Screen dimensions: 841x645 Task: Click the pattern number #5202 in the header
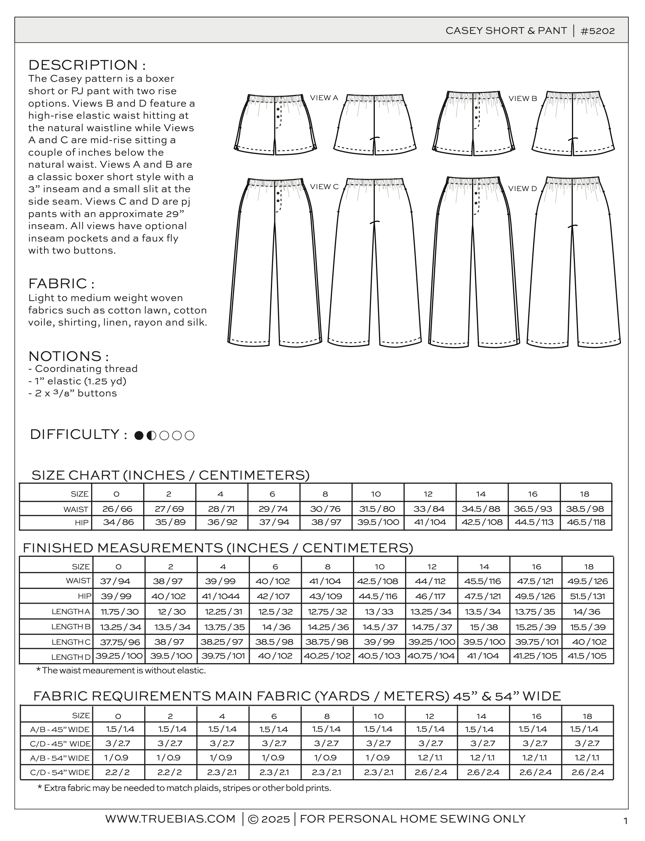(598, 31)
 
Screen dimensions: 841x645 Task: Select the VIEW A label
(324, 98)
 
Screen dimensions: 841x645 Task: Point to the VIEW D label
(523, 188)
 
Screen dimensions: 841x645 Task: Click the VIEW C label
(324, 187)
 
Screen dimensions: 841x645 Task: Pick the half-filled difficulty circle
(151, 436)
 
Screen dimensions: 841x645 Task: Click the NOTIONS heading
(68, 356)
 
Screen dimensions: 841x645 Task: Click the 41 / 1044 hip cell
(223, 596)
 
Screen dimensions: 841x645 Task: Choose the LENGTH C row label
(72, 642)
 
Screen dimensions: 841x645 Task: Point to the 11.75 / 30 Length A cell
(119, 612)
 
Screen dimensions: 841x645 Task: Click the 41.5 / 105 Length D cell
(587, 656)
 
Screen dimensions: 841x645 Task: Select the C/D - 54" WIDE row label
(60, 772)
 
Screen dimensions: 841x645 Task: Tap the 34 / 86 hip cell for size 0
(118, 522)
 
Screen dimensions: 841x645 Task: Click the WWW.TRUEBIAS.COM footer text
(170, 819)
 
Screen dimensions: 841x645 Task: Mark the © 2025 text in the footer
(269, 819)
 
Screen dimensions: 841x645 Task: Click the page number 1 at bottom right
(625, 821)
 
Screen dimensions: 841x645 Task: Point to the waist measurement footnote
(121, 670)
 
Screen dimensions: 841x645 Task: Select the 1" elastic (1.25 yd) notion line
(81, 381)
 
